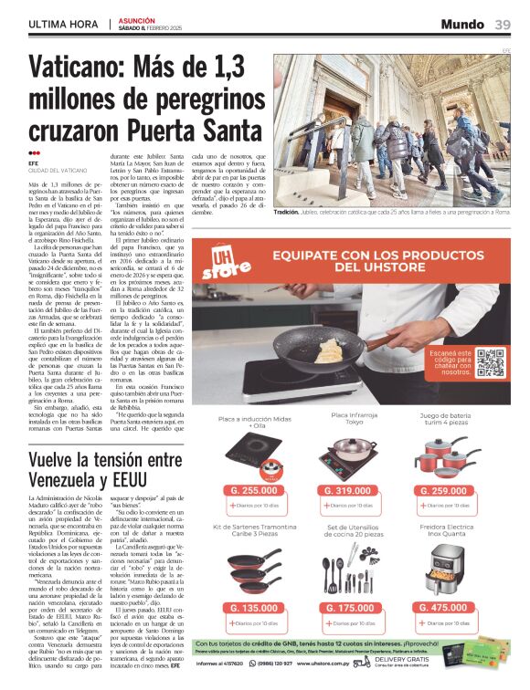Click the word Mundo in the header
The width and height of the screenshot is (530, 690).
pos(462,24)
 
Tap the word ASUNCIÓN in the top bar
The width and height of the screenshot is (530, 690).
pos(137,18)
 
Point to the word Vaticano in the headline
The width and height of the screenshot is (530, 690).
pos(77,69)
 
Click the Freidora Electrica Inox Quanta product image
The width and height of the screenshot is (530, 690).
pos(445,572)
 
